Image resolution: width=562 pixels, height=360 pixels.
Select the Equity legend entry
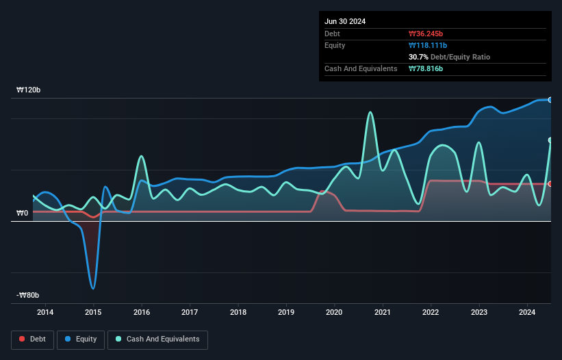[x=81, y=339]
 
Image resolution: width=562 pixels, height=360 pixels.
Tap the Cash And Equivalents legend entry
[x=157, y=339]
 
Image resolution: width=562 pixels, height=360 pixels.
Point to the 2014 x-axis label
[x=45, y=313]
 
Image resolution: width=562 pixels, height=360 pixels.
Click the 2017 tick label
[x=190, y=313]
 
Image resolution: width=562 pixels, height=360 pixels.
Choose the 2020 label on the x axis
[x=334, y=313]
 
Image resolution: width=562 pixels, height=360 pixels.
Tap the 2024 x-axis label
[x=527, y=313]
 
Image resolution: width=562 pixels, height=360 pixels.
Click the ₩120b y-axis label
[x=30, y=90]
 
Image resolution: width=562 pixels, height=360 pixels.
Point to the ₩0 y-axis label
[x=22, y=214]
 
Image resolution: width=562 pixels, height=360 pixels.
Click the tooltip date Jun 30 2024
[x=345, y=21]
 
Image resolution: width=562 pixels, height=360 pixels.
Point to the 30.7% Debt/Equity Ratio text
[x=449, y=57]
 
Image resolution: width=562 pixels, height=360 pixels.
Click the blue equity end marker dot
[x=550, y=100]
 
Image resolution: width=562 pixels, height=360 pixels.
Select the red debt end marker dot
[x=550, y=183]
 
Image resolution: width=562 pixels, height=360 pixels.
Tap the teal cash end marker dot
[x=550, y=140]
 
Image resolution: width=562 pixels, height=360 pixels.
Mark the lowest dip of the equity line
[x=93, y=288]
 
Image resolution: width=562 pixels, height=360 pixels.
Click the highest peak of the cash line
[x=370, y=112]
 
